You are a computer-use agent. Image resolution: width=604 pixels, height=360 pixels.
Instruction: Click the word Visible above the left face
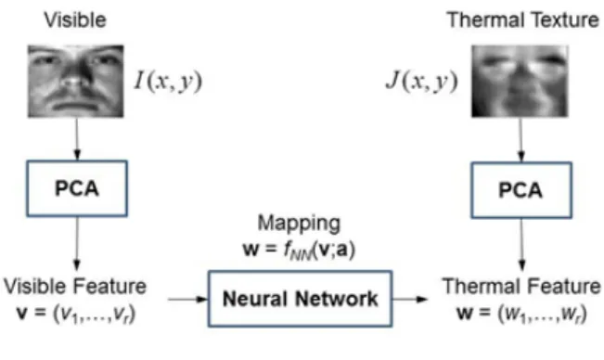click(75, 20)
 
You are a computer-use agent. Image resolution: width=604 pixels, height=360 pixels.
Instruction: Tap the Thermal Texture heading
click(522, 19)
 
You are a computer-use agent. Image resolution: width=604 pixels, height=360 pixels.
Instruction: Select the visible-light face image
click(76, 82)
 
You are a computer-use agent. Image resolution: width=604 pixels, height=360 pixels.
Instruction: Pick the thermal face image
click(520, 82)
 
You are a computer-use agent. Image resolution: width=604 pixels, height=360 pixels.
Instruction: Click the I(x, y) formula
click(168, 82)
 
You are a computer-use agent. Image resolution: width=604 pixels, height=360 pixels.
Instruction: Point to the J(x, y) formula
click(422, 82)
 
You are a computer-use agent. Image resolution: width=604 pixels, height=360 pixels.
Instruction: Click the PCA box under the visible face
click(77, 188)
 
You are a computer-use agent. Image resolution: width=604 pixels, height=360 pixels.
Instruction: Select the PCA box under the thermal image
click(521, 190)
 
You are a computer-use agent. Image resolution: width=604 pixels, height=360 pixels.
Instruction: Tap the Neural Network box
click(300, 299)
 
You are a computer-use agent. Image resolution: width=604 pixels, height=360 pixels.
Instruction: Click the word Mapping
click(299, 224)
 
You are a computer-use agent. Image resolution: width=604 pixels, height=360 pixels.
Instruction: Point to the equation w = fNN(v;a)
click(299, 250)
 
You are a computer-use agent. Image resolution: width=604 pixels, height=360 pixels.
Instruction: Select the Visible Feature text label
click(75, 286)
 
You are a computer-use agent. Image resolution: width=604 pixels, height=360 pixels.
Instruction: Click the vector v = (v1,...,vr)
click(76, 314)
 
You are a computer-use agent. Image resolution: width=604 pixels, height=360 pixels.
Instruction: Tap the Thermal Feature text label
click(521, 286)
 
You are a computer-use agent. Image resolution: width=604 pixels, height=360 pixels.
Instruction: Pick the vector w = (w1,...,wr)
click(522, 314)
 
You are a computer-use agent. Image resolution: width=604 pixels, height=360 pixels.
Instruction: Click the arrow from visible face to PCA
click(77, 139)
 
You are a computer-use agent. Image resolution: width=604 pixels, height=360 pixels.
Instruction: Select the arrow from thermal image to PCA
click(521, 140)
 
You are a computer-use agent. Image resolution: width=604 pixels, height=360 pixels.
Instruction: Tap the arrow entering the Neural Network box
click(188, 299)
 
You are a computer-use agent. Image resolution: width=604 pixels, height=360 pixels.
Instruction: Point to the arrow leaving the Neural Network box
click(410, 299)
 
